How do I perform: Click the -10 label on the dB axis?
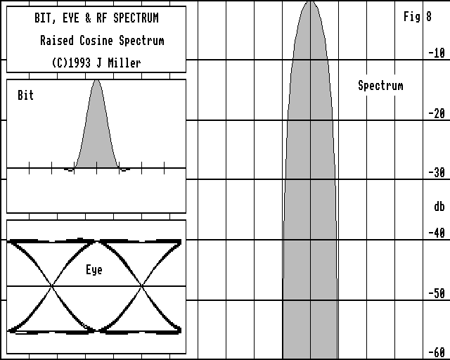(x=437, y=53)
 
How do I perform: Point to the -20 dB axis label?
(x=437, y=113)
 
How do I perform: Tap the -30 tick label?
(x=437, y=172)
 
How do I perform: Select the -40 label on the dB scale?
(x=437, y=233)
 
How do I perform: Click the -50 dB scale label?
(x=437, y=293)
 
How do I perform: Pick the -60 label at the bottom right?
(x=437, y=352)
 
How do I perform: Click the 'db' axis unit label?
(x=439, y=207)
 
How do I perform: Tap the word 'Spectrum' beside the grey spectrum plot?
(x=380, y=86)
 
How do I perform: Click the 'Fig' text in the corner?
(x=412, y=17)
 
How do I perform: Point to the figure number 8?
(x=429, y=17)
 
